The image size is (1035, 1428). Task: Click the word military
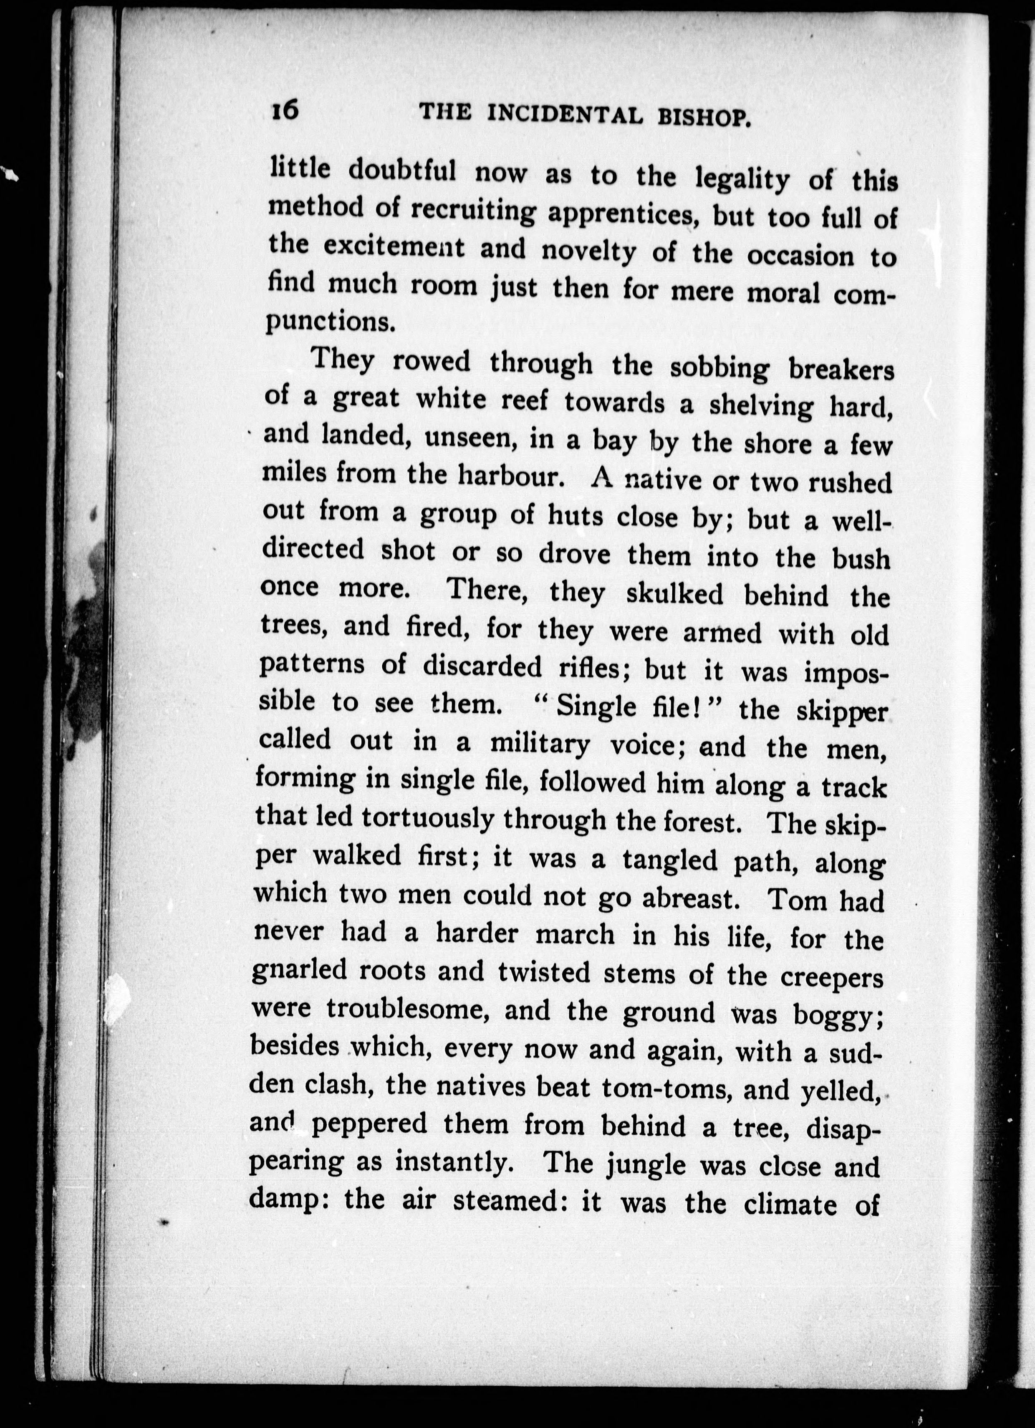(x=540, y=745)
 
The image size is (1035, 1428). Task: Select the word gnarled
(x=299, y=970)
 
